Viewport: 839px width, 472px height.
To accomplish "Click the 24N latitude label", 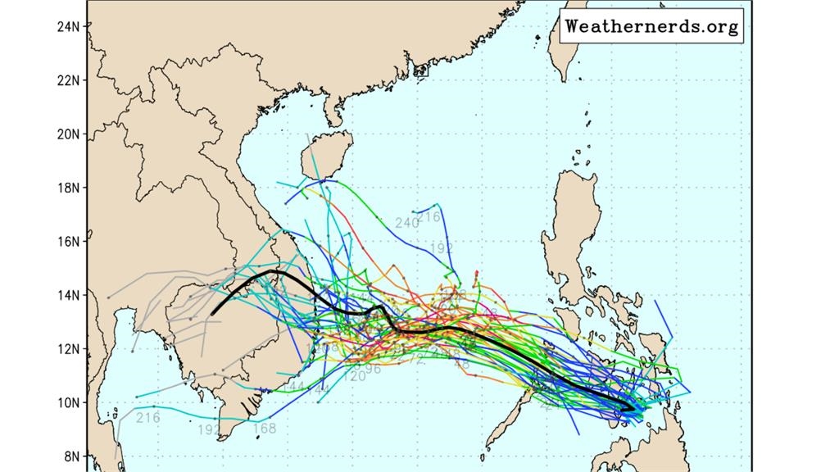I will (67, 26).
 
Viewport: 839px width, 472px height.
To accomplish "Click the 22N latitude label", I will (67, 80).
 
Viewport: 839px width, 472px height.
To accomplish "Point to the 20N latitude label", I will (67, 134).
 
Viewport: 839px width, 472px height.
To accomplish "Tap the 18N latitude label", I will (67, 188).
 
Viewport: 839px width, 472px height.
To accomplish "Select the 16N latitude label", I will (67, 242).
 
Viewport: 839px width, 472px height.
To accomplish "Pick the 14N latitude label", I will (67, 295).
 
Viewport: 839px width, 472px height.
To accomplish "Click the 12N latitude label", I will (67, 349).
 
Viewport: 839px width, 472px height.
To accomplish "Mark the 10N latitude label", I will (67, 402).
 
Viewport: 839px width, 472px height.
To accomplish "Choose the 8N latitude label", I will (70, 456).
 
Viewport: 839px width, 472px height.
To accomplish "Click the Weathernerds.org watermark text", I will (652, 26).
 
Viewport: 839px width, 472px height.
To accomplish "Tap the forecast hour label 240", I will (407, 223).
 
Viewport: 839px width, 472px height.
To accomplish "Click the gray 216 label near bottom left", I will (148, 418).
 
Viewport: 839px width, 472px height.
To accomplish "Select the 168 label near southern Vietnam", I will (264, 428).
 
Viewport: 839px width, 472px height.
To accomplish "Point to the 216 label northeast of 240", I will (429, 216).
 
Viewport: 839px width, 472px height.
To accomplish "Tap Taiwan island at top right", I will (561, 49).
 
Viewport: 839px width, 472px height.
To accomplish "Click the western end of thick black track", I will (211, 313).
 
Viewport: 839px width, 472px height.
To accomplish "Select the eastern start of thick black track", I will (633, 407).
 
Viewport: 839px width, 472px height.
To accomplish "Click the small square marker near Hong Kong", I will (421, 70).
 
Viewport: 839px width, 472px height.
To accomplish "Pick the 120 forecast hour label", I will (356, 376).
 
